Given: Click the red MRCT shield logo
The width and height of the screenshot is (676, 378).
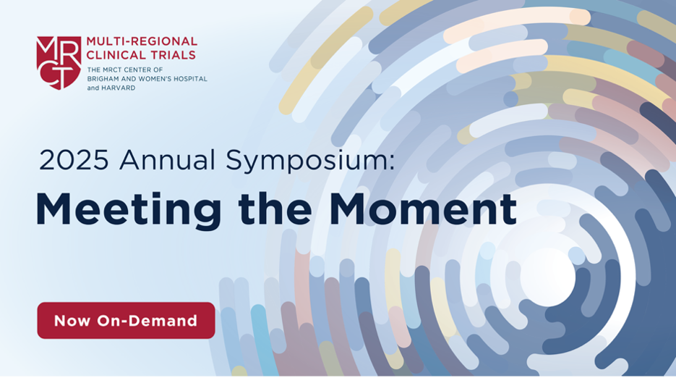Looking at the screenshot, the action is tap(59, 63).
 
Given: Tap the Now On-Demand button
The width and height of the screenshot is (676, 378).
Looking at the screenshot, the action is tap(126, 320).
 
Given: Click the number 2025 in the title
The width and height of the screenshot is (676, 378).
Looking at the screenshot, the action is tap(74, 160).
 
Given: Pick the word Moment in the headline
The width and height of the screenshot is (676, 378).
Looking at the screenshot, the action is tap(422, 209).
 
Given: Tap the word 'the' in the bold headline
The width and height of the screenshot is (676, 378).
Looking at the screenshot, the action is tap(275, 209).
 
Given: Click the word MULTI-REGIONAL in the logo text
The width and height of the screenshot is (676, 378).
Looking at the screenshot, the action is tap(142, 41).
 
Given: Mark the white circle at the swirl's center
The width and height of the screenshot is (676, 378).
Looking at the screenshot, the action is tap(547, 277).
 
